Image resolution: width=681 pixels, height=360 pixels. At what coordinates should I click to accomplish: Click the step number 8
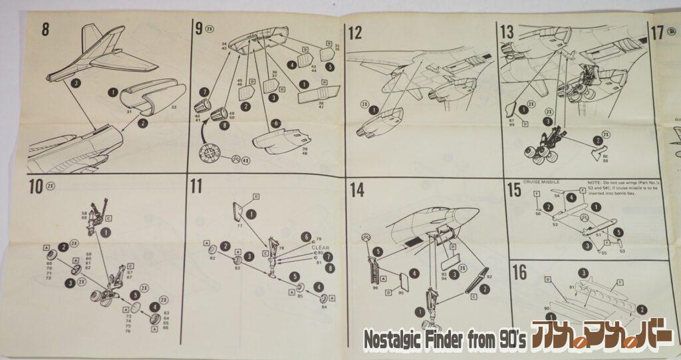pos(45,29)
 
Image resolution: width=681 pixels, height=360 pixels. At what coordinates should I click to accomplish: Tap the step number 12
pos(355,33)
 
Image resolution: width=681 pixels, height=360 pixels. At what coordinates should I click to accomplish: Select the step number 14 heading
pos(356,190)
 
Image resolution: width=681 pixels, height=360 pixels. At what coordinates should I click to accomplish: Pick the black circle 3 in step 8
pos(76,83)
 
